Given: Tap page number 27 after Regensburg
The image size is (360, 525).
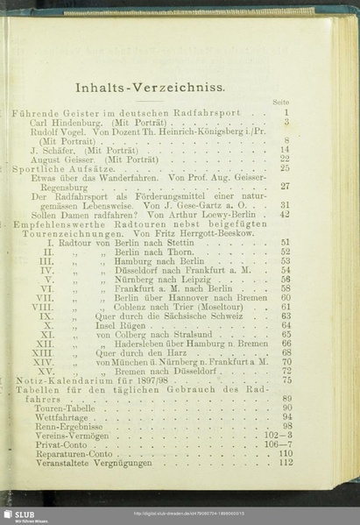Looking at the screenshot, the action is pyautogui.click(x=285, y=186).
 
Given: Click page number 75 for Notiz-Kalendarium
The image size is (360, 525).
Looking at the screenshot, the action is pyautogui.click(x=286, y=380).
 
